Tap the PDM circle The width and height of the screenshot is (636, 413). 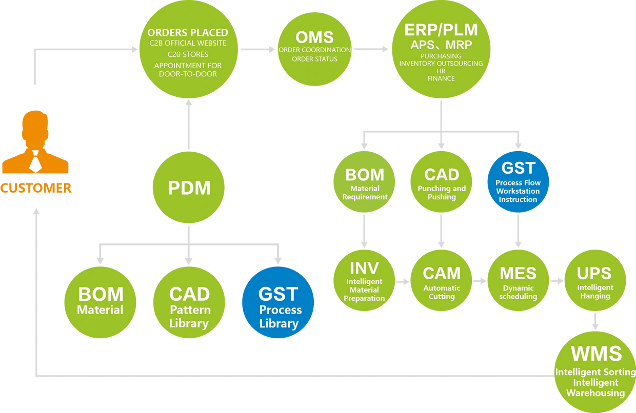(x=189, y=188)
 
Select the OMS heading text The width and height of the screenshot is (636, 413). (x=314, y=37)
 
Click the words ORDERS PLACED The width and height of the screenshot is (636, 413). (x=188, y=33)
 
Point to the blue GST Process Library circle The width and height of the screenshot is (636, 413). (x=278, y=302)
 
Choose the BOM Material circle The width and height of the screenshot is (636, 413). (x=101, y=302)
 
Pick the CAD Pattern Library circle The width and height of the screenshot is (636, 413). (x=189, y=302)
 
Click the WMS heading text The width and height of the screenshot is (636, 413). (x=596, y=354)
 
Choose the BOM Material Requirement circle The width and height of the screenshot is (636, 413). (x=365, y=182)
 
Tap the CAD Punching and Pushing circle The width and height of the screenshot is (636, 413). (x=442, y=182)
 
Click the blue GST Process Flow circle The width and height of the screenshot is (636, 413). (x=518, y=182)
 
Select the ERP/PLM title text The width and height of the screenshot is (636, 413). (x=441, y=29)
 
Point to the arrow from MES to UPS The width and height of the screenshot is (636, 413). (x=556, y=281)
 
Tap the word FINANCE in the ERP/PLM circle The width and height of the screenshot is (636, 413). (x=441, y=78)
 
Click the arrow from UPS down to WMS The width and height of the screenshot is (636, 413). (x=595, y=322)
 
